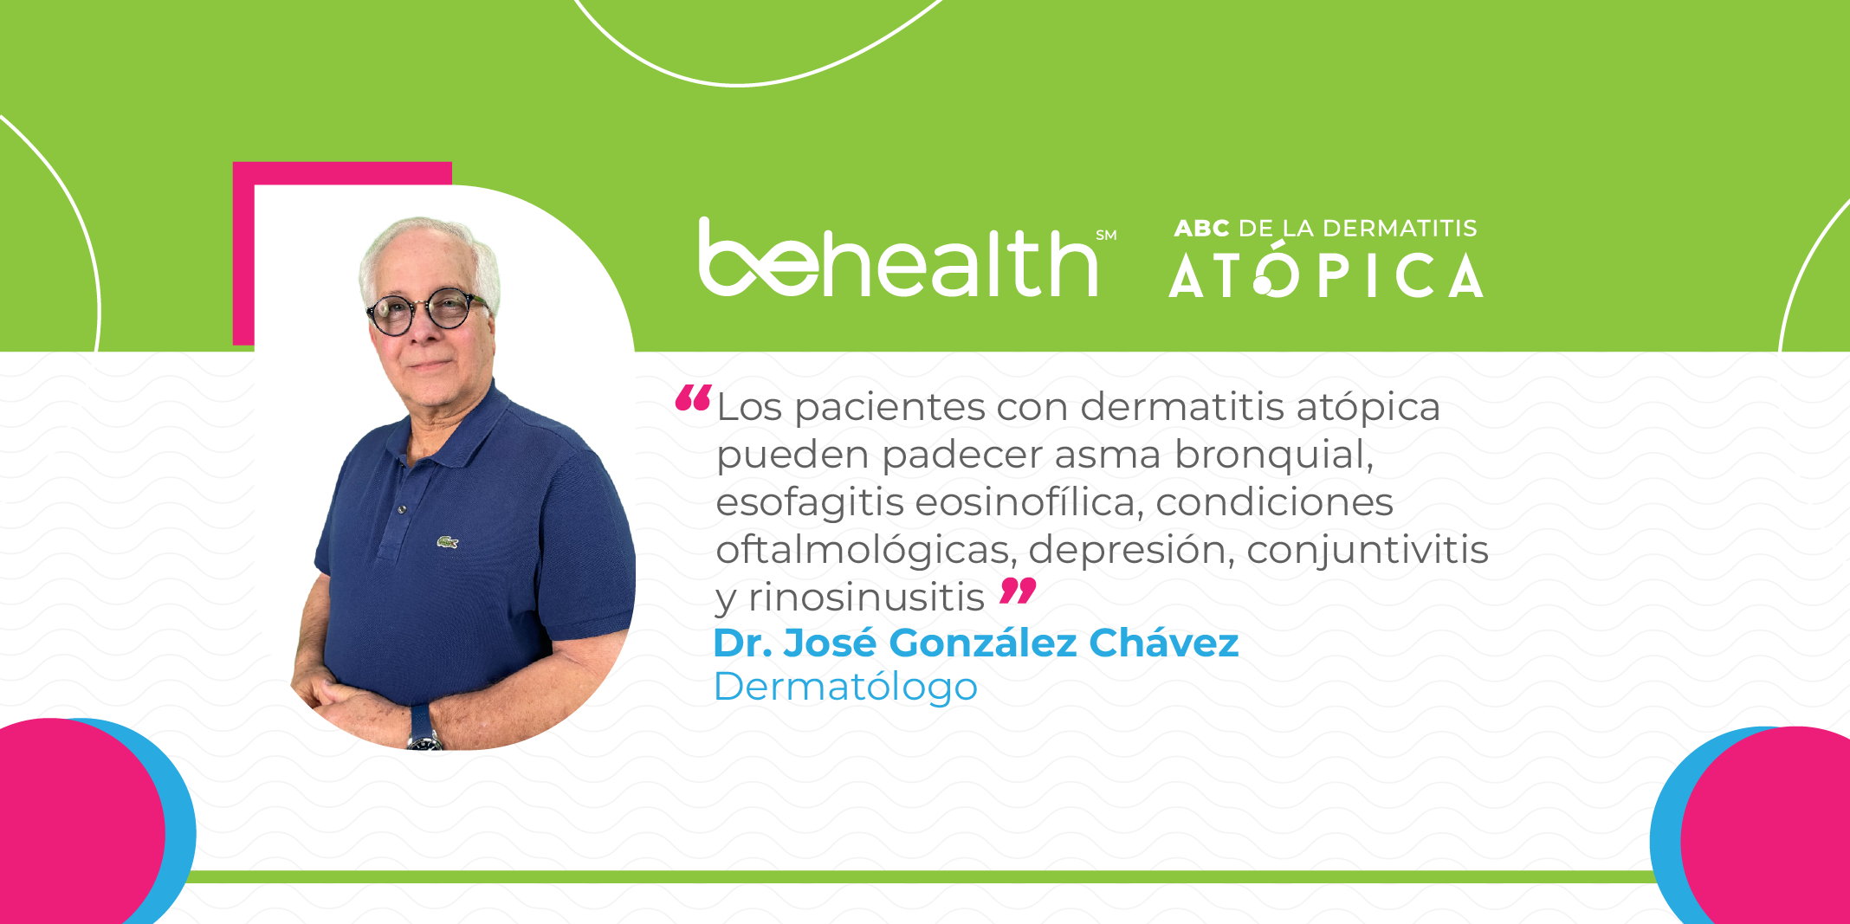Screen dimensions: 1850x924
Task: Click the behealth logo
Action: tap(899, 258)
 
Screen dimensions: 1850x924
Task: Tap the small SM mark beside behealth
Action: tap(1106, 236)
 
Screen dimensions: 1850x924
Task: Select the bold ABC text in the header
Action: tap(1201, 229)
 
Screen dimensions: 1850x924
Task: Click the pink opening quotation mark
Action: tap(694, 397)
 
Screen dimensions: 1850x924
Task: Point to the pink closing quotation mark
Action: tap(1018, 591)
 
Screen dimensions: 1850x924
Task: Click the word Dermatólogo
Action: tap(845, 688)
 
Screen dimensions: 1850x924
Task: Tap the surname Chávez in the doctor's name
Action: tap(1163, 643)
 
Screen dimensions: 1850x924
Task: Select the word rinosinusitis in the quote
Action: tap(866, 597)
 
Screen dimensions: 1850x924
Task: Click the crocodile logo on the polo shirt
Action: tap(447, 542)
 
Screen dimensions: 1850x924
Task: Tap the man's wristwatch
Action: tap(424, 729)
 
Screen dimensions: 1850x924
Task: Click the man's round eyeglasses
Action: tap(426, 311)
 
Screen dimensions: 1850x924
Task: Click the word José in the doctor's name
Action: tap(830, 643)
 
